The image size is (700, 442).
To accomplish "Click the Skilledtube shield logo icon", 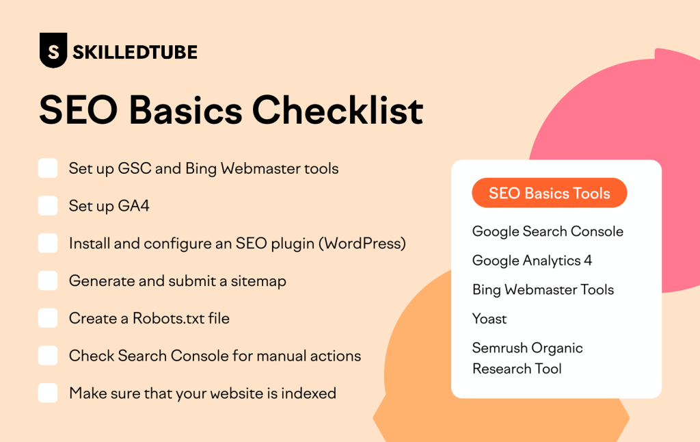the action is point(53,50).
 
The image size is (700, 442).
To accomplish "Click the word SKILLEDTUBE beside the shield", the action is point(135,52).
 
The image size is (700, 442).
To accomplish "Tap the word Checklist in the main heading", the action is point(338,110).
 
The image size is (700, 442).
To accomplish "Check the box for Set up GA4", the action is point(48,205).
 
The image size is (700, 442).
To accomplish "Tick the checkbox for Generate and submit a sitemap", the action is point(48,281).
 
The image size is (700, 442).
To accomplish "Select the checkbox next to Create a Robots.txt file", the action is point(48,318).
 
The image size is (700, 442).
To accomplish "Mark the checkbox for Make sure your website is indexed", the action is point(48,393).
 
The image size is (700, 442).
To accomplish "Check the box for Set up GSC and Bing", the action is point(48,168).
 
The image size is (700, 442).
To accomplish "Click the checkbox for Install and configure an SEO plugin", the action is point(48,243).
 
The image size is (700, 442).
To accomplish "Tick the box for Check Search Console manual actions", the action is point(48,356).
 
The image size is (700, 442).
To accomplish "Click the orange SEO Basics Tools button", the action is point(550,193).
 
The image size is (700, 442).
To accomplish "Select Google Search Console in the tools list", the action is point(548,231).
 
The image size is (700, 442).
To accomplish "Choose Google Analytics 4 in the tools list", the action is point(532,261).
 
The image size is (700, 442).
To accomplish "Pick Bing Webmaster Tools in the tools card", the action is point(543,289).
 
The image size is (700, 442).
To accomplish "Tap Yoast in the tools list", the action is point(489,319).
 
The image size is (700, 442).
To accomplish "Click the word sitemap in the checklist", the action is point(258,282).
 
